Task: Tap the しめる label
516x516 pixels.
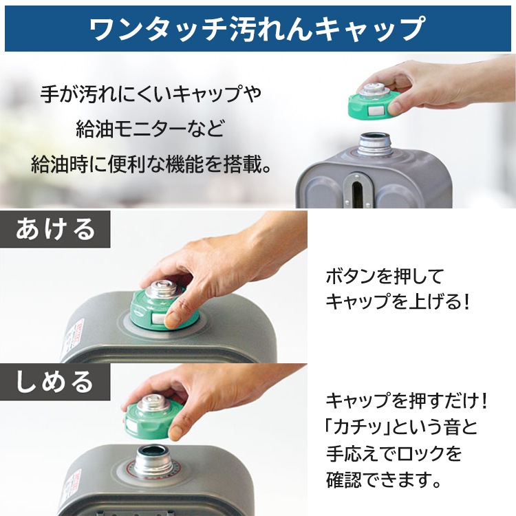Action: coord(55,380)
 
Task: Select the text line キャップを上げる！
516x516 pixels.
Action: coord(398,302)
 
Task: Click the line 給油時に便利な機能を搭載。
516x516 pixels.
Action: coord(151,164)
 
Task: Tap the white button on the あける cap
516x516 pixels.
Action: coord(158,318)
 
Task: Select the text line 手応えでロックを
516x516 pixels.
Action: coord(393,453)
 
